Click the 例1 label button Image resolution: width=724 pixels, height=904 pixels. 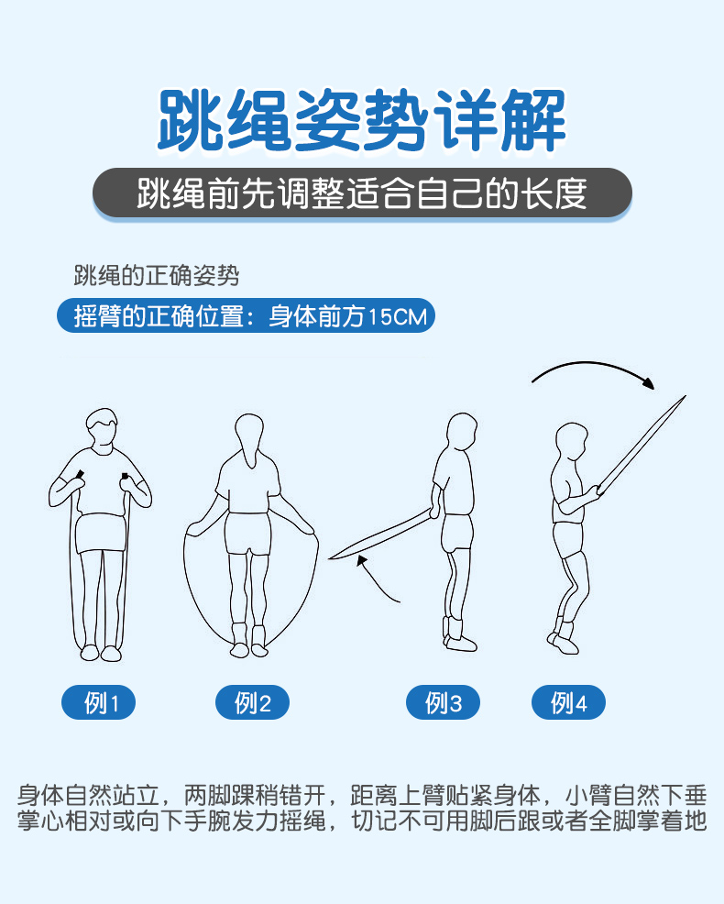(x=99, y=703)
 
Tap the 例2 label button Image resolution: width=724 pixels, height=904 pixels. (x=252, y=703)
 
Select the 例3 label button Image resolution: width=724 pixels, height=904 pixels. (x=443, y=703)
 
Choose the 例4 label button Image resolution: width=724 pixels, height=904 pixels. (x=568, y=703)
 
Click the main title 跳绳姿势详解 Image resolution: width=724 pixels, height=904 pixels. (x=362, y=120)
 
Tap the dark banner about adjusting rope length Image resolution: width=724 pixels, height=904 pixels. (x=362, y=193)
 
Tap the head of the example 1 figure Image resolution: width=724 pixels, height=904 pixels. (x=101, y=430)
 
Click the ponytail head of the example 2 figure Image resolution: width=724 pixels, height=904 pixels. (x=249, y=436)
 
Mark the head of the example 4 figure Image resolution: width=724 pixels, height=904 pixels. (x=572, y=444)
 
